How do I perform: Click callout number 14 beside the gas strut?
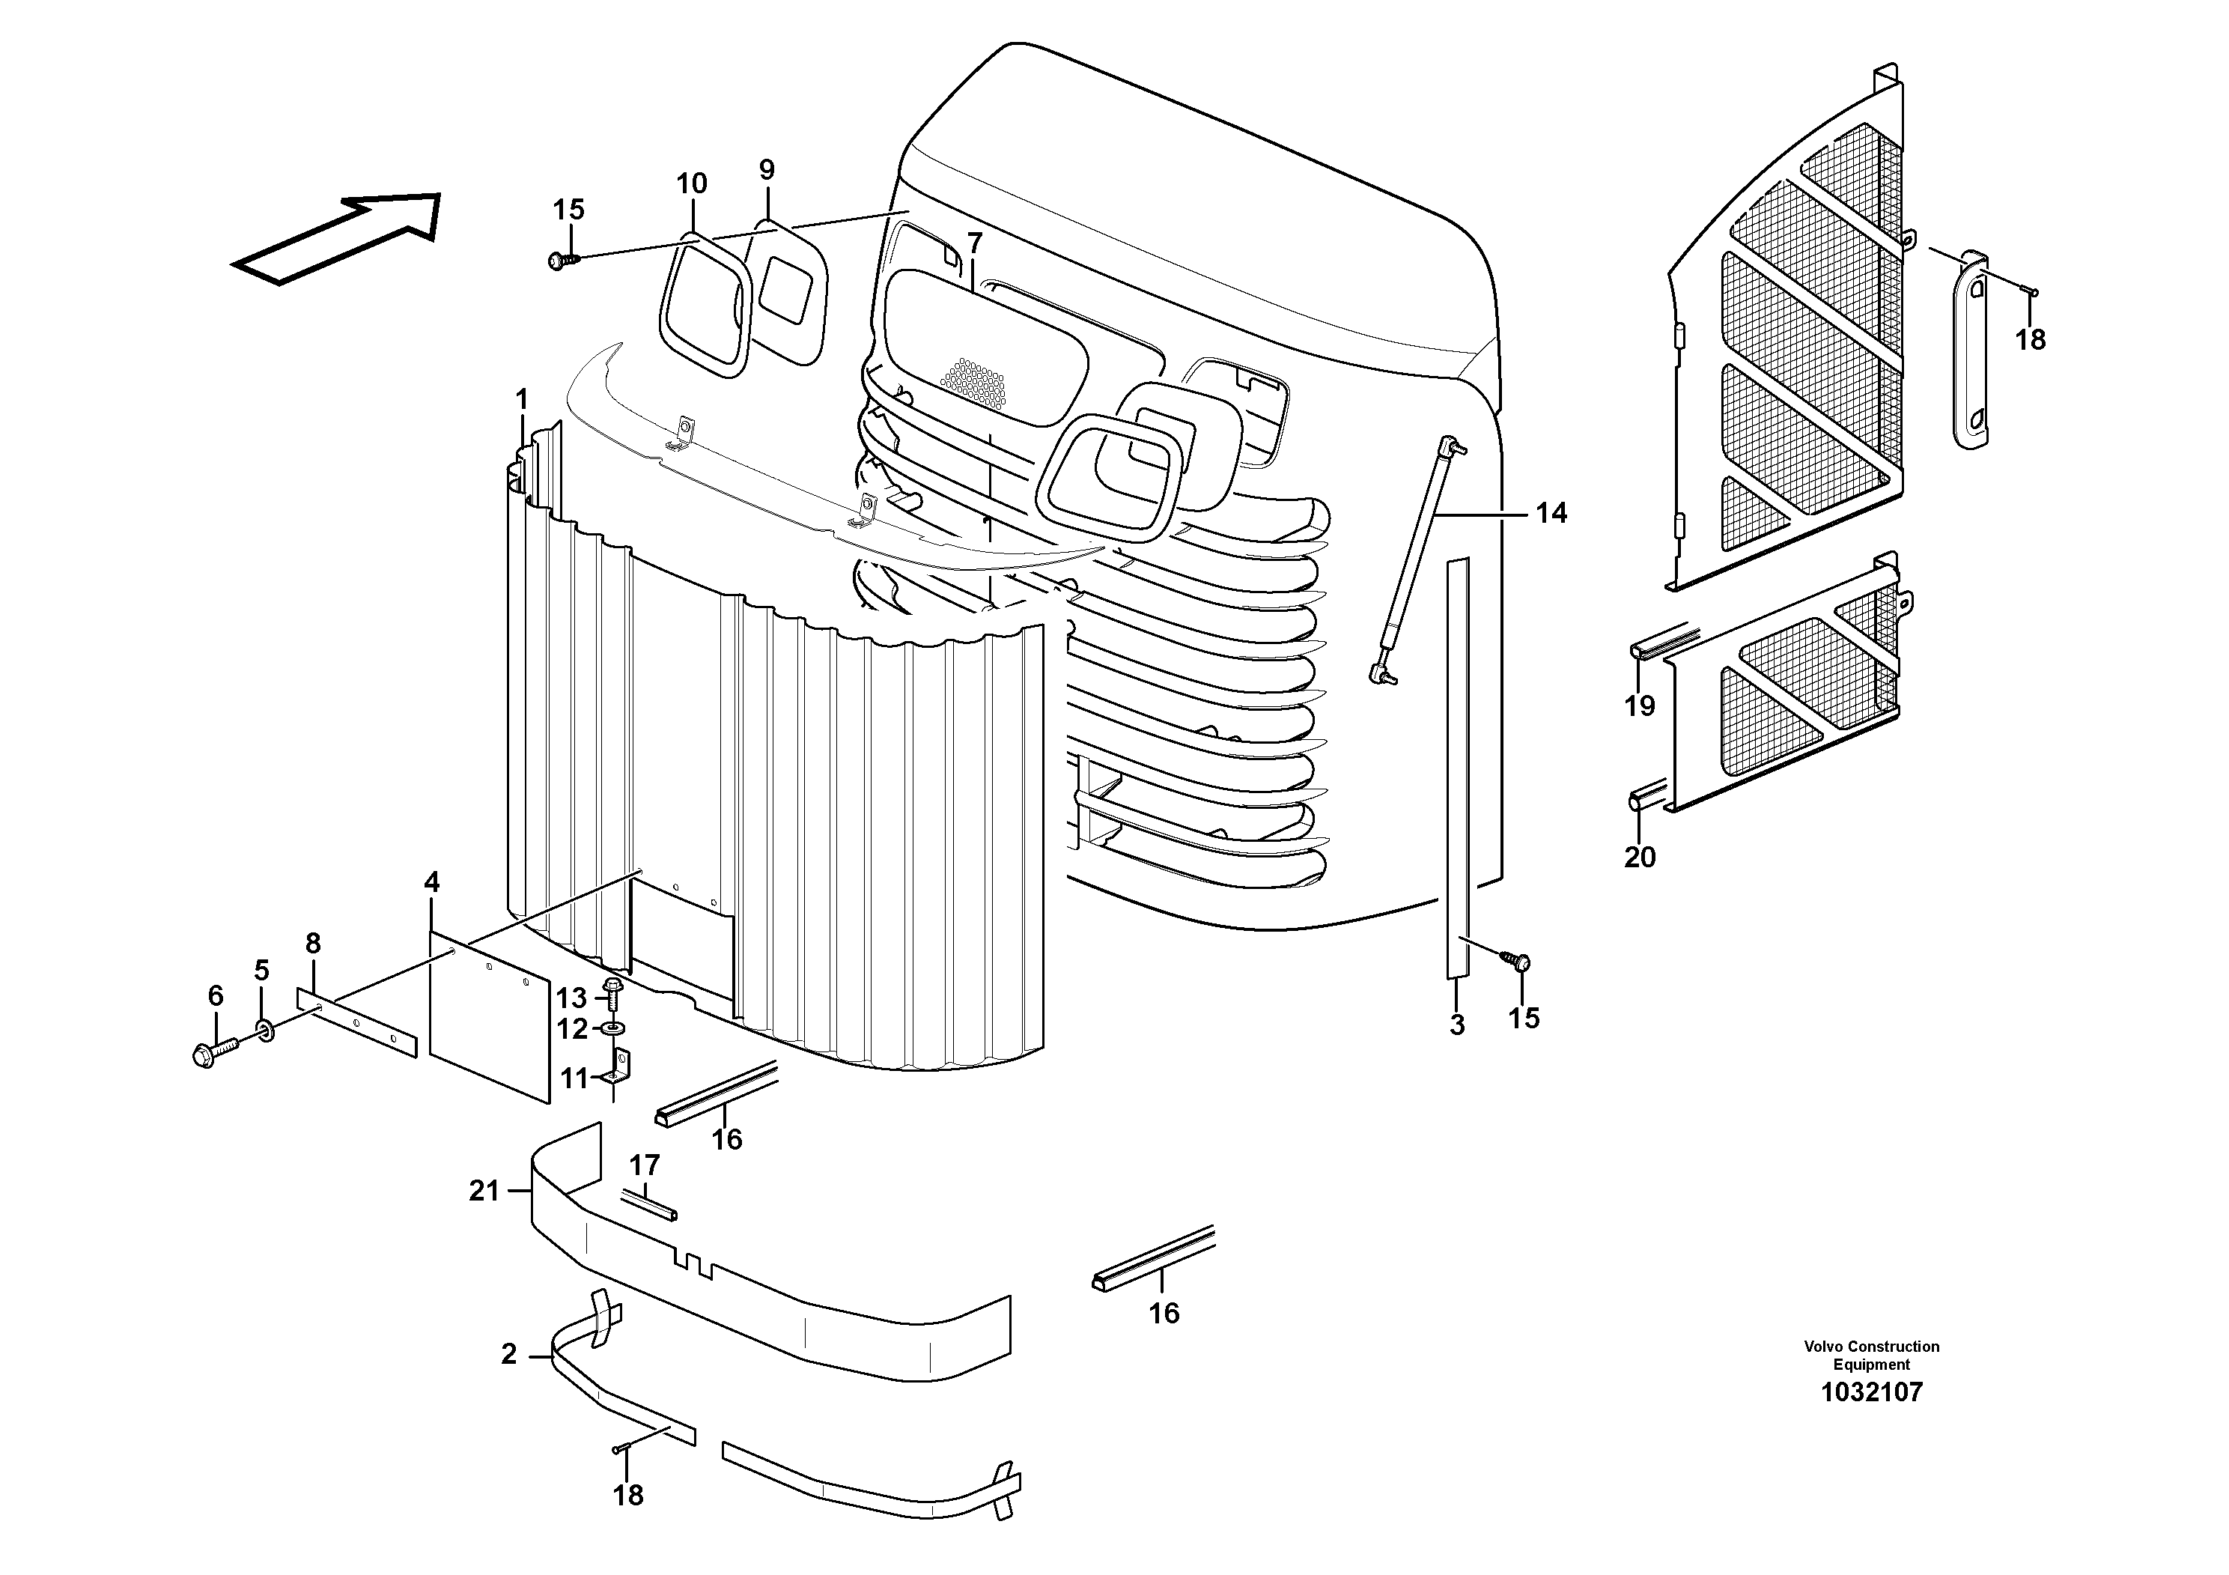point(1551,513)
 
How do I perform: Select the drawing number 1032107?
point(1871,1392)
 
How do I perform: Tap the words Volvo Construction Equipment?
point(1871,1355)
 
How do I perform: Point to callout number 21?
point(484,1191)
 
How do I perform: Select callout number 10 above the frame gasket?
point(691,183)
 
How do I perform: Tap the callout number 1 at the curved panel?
point(521,399)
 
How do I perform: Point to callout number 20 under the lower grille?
point(1640,857)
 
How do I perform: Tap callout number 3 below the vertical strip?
point(1456,1025)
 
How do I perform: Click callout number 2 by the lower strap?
point(508,1355)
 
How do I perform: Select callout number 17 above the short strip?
point(645,1165)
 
